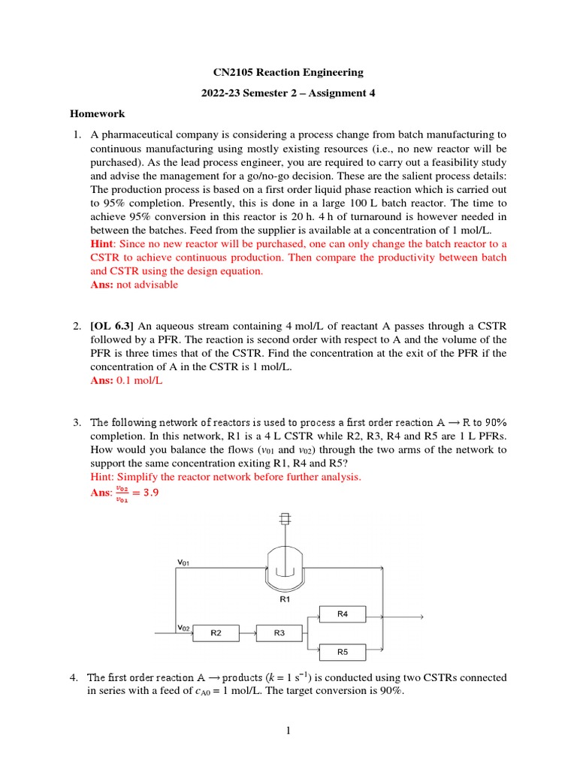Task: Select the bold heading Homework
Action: [x=97, y=114]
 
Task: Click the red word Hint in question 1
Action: [x=101, y=244]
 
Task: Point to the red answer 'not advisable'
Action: [x=147, y=285]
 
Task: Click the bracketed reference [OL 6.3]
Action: [x=114, y=326]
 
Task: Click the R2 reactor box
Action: [x=216, y=633]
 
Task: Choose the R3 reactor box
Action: [x=279, y=633]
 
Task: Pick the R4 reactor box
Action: [x=343, y=614]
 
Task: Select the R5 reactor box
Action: [x=343, y=652]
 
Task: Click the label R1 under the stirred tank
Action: [x=285, y=601]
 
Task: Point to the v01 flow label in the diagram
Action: [x=183, y=561]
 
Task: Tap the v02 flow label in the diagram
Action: [x=183, y=627]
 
